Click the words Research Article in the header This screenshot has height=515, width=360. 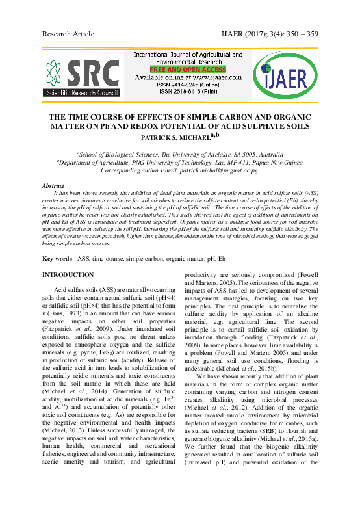(x=68, y=33)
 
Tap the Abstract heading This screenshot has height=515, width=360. (x=54, y=186)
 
